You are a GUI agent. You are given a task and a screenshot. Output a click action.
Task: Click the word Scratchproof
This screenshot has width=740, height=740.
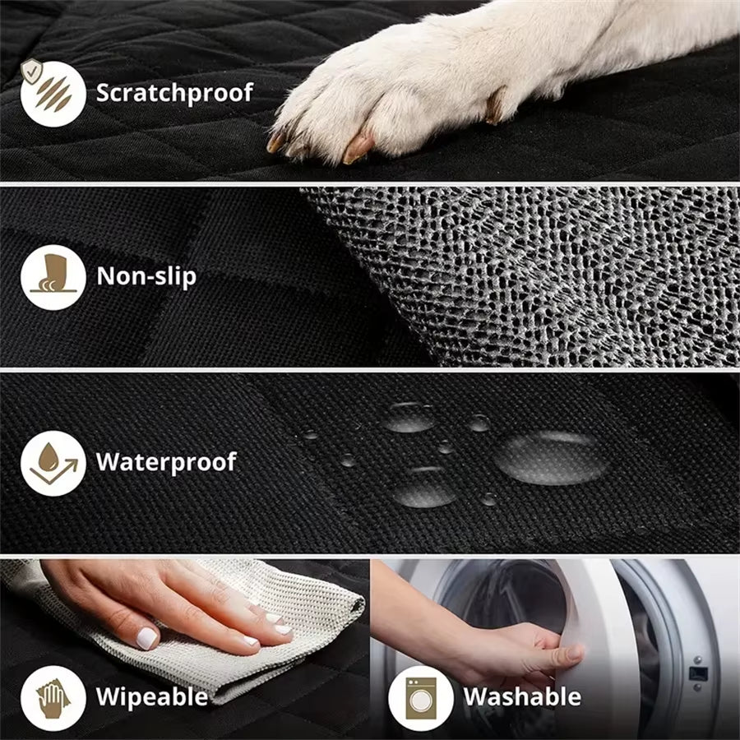pyautogui.click(x=174, y=92)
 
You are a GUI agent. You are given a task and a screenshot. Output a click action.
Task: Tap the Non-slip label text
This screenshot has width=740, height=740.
pyautogui.click(x=146, y=275)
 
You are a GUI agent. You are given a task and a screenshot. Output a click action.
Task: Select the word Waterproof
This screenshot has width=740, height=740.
pyautogui.click(x=166, y=461)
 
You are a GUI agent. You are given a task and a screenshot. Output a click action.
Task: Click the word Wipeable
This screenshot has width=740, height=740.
pyautogui.click(x=152, y=696)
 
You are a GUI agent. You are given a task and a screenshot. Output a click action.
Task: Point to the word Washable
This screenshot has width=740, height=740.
pyautogui.click(x=522, y=696)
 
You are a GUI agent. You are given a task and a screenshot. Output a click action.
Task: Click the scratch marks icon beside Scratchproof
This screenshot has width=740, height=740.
pyautogui.click(x=53, y=92)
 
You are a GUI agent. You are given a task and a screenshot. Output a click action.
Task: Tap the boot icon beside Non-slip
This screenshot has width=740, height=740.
pyautogui.click(x=53, y=276)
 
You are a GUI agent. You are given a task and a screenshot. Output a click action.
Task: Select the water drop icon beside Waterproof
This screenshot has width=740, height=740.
pyautogui.click(x=53, y=462)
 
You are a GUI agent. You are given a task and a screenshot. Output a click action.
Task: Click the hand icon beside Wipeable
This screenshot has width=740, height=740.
pyautogui.click(x=53, y=697)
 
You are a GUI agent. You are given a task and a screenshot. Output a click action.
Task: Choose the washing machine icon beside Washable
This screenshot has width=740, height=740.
pyautogui.click(x=420, y=697)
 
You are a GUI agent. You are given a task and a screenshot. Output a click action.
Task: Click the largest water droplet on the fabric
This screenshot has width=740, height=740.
pyautogui.click(x=551, y=457)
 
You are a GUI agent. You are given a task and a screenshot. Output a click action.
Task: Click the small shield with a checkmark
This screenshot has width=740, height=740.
pyautogui.click(x=30, y=71)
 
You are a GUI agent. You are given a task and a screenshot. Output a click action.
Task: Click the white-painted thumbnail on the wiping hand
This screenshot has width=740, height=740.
pyautogui.click(x=146, y=636)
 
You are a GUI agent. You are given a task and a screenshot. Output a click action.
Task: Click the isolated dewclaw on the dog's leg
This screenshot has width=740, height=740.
pyautogui.click(x=495, y=107)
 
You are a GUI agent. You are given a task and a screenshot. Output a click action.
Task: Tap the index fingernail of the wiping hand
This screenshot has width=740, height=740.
pyautogui.click(x=282, y=629)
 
